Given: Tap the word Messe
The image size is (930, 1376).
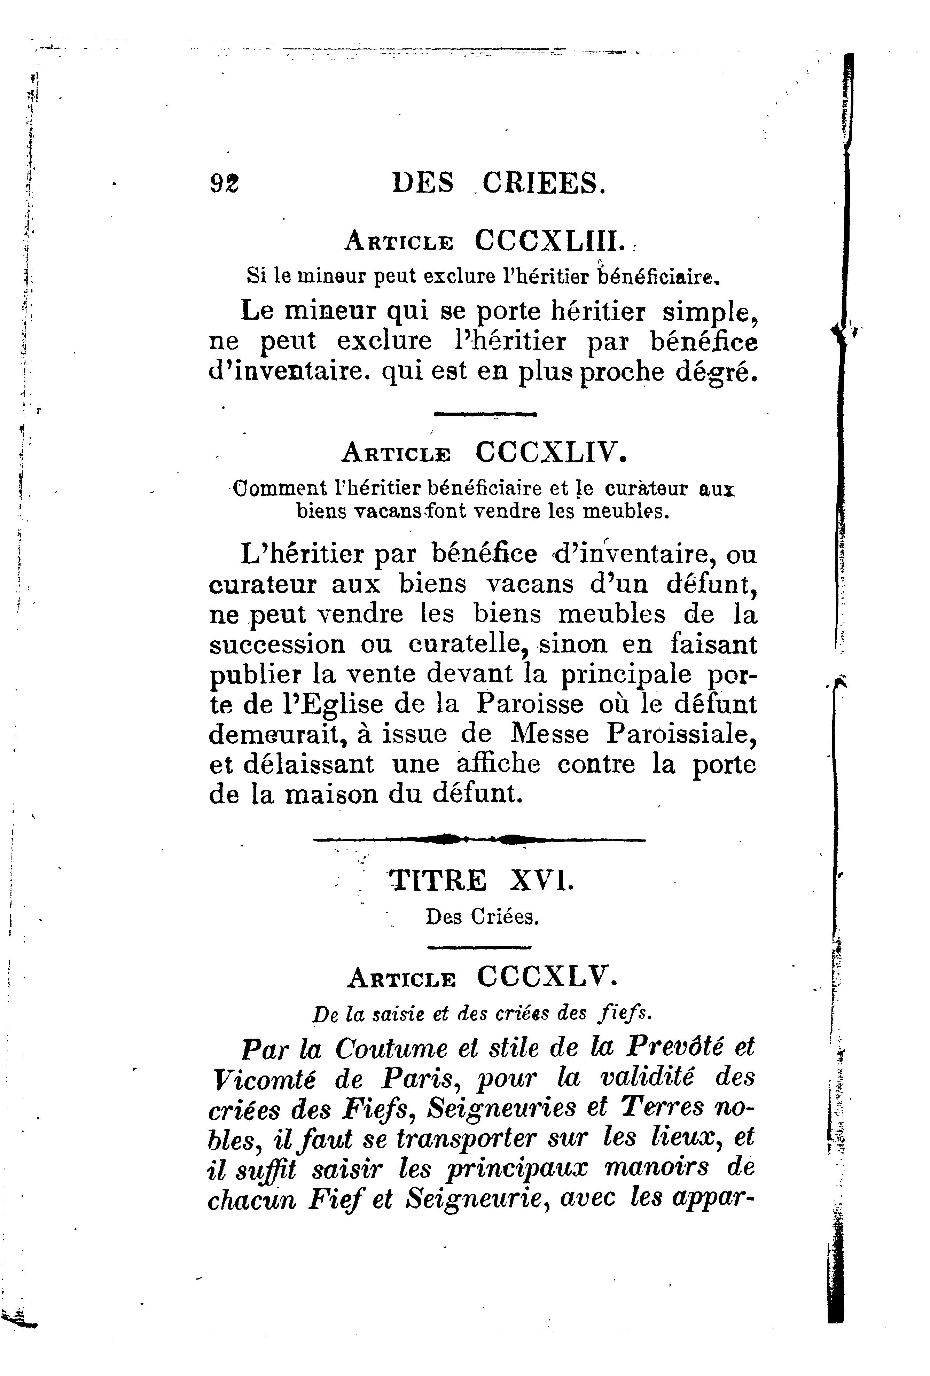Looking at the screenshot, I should pos(550,734).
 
